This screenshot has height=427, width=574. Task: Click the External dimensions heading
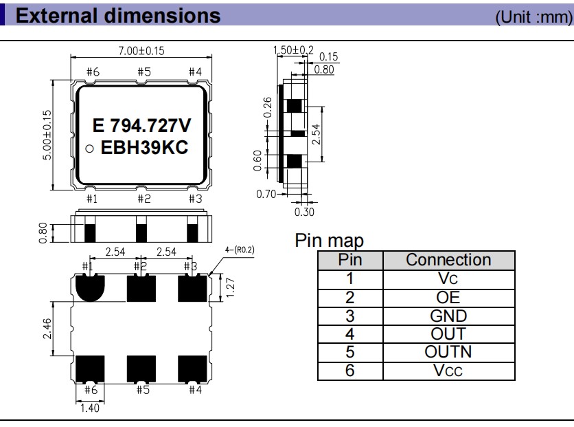[x=118, y=15]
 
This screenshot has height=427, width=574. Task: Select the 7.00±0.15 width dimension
[x=141, y=50]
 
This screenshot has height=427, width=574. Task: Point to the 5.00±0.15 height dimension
[x=47, y=134]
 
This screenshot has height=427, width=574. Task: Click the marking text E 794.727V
[x=141, y=127]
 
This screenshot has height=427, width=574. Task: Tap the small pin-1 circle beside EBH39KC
[x=90, y=149]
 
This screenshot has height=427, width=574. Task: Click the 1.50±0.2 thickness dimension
[x=292, y=50]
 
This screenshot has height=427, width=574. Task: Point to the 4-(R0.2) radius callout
[x=240, y=249]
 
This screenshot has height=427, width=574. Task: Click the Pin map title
[x=329, y=241]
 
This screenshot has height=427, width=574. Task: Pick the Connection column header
[x=448, y=260]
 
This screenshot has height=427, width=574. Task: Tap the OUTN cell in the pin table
[x=448, y=353]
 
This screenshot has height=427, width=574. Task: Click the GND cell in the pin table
[x=448, y=316]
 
